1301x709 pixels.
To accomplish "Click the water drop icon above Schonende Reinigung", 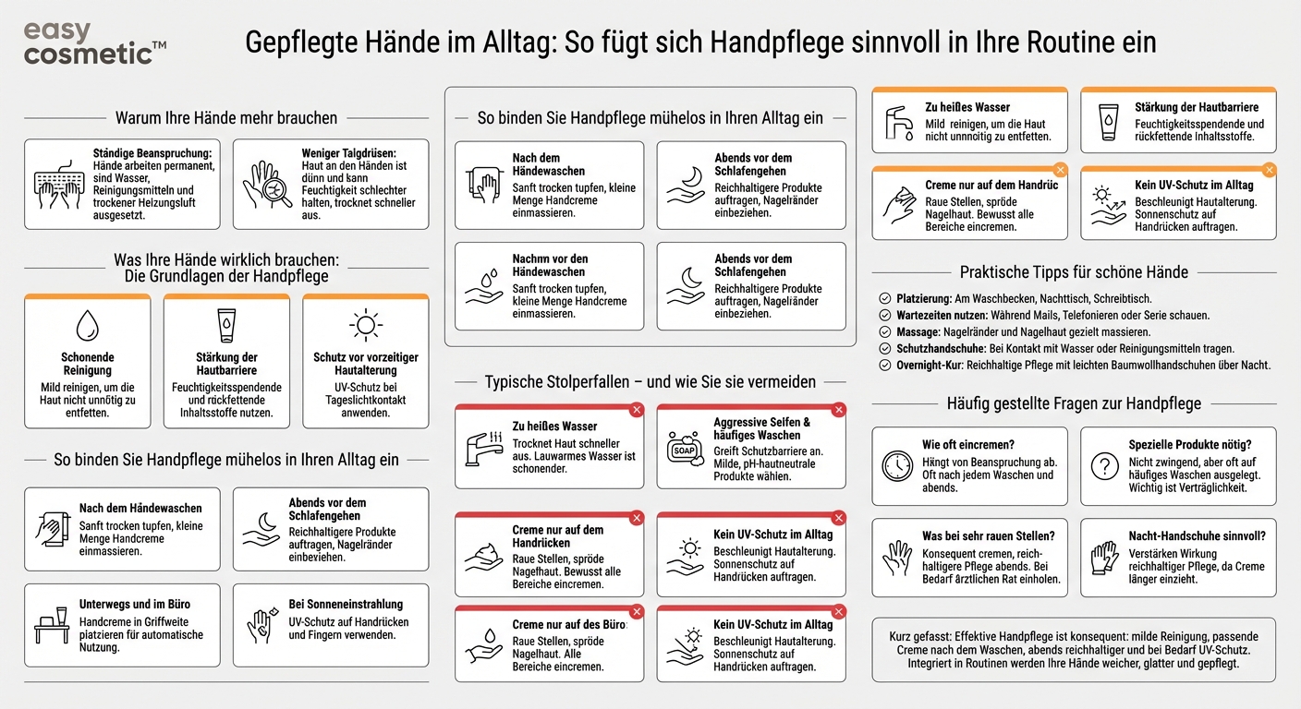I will tap(88, 325).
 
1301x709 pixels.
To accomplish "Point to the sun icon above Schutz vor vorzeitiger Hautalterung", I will tap(366, 325).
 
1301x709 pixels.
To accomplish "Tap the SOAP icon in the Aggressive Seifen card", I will tap(685, 448).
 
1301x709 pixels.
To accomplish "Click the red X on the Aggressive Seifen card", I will tap(839, 410).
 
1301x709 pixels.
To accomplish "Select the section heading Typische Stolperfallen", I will tap(650, 381).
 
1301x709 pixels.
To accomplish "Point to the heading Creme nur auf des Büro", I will tap(569, 625).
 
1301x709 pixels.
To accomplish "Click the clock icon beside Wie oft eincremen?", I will tap(896, 466).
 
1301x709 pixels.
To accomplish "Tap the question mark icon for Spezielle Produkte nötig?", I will tap(1104, 466).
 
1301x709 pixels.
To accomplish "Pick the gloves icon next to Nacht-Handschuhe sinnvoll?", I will tap(1104, 558).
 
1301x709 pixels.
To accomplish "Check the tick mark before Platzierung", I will tap(884, 299).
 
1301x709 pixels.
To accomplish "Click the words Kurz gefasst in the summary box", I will tap(920, 637).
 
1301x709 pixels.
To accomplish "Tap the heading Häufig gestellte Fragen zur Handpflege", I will tap(1074, 403).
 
